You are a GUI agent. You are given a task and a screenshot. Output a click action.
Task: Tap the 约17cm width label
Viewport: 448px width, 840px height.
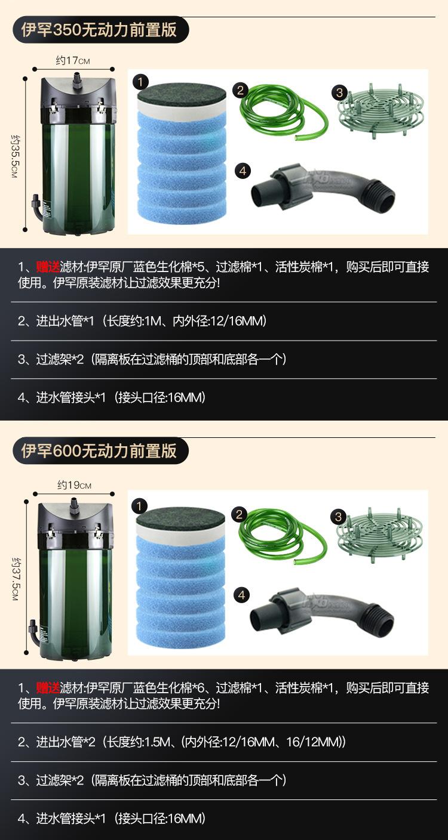click(x=73, y=60)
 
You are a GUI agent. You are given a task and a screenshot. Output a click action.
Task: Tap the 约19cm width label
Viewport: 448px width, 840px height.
click(x=74, y=484)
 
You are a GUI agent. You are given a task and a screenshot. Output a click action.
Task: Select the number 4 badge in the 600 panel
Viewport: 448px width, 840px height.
click(x=242, y=595)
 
